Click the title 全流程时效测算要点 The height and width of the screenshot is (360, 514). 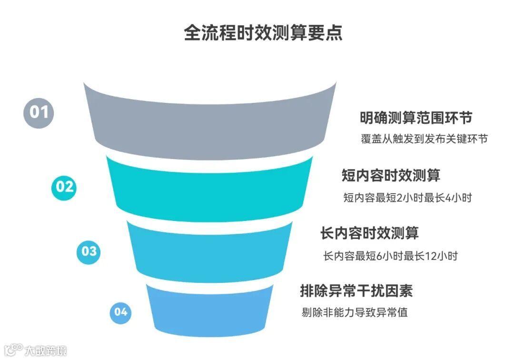(263, 33)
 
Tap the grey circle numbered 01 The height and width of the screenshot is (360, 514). (39, 112)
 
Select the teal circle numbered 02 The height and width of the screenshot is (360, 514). (65, 187)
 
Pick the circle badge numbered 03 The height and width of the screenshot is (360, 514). (89, 251)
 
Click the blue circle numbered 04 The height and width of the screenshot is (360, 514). (121, 312)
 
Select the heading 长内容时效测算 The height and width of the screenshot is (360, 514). (369, 233)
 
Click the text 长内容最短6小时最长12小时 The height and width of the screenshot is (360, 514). (390, 256)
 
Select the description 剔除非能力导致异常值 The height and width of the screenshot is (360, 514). (355, 313)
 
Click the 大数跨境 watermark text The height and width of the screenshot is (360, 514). (46, 351)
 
